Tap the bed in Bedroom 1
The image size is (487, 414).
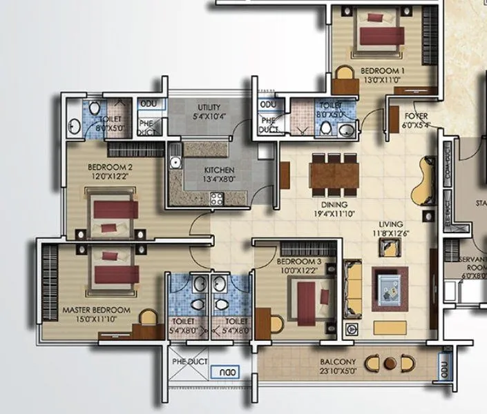point(379,34)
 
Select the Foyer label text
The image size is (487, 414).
point(417,116)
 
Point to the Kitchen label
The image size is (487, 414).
point(219,170)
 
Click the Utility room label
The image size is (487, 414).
point(209,108)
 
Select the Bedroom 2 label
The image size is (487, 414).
point(110,166)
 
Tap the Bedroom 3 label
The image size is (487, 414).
point(298,262)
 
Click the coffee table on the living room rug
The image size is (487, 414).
point(390,285)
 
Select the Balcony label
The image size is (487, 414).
point(338,362)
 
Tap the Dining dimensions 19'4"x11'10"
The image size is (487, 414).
point(334,215)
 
